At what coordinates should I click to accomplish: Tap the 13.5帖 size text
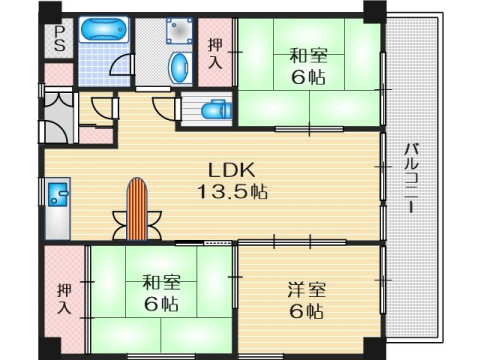(229, 189)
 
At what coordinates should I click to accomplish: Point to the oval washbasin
(179, 69)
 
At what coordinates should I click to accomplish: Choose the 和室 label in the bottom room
(155, 283)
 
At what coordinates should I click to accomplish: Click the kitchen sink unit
(55, 206)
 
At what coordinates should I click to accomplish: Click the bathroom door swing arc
(120, 64)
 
